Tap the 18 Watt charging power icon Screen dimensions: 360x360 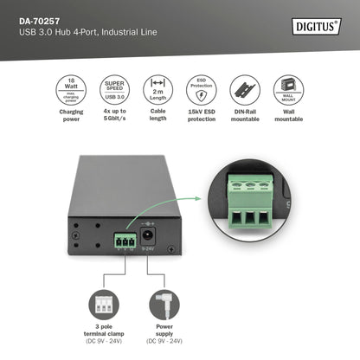[71, 90]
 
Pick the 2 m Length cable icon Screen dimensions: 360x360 [157, 90]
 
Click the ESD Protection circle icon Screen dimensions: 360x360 [201, 90]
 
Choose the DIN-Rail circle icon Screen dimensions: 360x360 [245, 90]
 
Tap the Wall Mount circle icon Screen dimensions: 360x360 [288, 90]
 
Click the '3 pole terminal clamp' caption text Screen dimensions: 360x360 [103, 336]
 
